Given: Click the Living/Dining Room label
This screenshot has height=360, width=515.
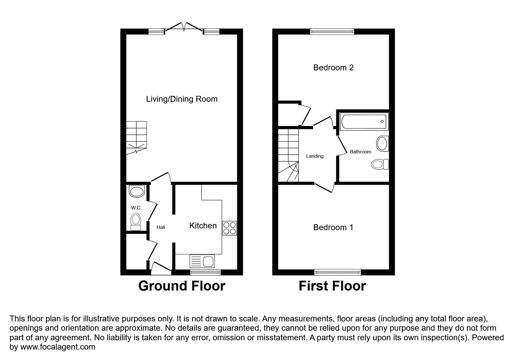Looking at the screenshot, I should (x=182, y=99).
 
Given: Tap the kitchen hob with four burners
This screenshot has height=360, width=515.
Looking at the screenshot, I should (x=229, y=228).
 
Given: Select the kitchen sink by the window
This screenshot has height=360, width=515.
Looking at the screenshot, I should (x=202, y=261).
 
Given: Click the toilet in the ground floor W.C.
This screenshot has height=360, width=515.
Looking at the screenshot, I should (x=136, y=221).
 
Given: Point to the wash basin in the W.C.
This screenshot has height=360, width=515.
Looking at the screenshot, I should (x=136, y=191).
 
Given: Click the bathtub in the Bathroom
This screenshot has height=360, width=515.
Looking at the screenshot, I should (x=364, y=122).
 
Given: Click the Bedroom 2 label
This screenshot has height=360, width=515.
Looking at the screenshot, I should (x=333, y=68).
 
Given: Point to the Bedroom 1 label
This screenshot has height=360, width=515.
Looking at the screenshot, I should (x=333, y=227).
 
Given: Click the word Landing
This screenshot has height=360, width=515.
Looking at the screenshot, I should (x=315, y=156).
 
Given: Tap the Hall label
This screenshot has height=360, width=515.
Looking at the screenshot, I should (x=161, y=228).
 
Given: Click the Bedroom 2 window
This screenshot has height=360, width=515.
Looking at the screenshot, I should (x=332, y=32).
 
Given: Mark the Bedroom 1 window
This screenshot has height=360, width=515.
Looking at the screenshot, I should (x=337, y=272).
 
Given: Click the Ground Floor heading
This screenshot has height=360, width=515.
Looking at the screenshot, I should (x=182, y=286).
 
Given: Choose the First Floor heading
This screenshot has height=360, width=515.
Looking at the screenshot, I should (x=332, y=286).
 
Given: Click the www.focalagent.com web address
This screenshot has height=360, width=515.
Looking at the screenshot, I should (x=58, y=347).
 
